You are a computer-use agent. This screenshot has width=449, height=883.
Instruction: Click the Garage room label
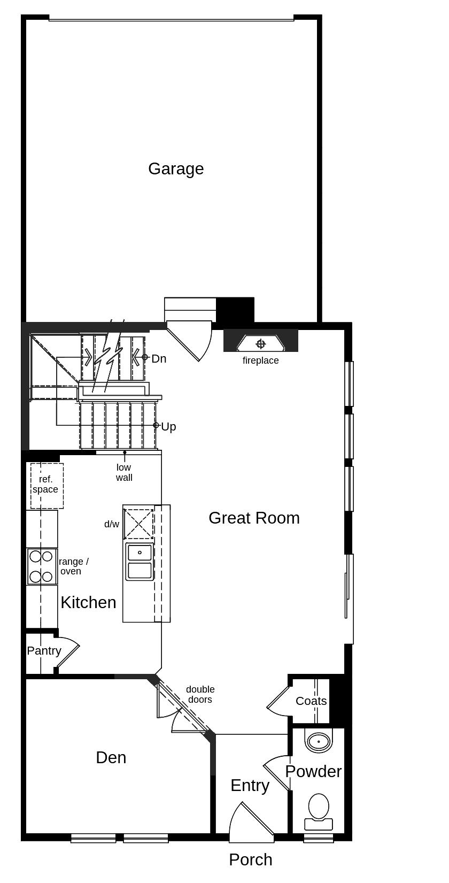click(x=176, y=169)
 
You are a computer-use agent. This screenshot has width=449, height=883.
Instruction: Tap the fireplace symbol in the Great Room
click(x=261, y=343)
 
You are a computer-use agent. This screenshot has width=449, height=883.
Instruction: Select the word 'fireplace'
click(x=260, y=360)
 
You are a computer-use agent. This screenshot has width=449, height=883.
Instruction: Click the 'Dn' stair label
click(x=159, y=359)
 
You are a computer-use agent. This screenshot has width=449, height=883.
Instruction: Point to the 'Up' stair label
click(x=168, y=427)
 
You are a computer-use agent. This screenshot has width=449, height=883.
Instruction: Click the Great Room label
click(x=254, y=518)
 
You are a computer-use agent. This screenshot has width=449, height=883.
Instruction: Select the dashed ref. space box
click(x=47, y=486)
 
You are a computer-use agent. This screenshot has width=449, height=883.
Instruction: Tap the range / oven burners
click(x=42, y=566)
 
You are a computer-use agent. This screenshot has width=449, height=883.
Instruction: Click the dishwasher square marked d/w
click(x=138, y=524)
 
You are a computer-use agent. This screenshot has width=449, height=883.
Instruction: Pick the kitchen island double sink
click(x=140, y=562)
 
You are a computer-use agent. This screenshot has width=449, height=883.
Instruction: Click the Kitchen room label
click(x=88, y=603)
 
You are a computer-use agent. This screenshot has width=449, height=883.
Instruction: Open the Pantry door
click(x=67, y=651)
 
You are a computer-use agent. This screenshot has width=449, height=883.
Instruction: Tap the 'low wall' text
click(x=124, y=473)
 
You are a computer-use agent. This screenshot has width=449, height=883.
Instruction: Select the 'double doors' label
click(x=200, y=695)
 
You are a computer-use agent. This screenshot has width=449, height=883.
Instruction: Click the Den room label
click(x=111, y=757)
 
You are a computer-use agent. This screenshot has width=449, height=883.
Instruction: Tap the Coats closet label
click(x=311, y=701)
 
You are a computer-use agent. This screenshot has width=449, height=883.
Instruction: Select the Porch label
click(x=251, y=860)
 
